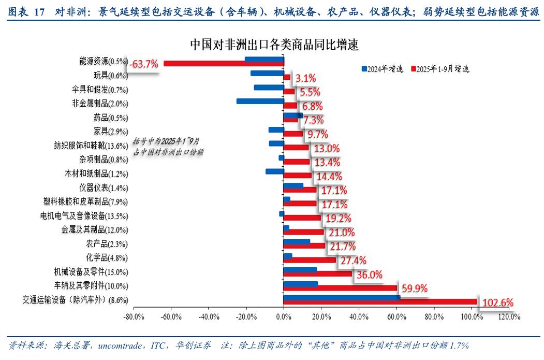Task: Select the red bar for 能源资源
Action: click(224, 64)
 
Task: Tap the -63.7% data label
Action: click(144, 64)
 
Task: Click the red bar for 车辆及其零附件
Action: click(340, 287)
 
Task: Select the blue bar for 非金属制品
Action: click(260, 101)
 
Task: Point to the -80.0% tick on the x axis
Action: click(134, 316)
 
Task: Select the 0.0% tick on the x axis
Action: click(284, 316)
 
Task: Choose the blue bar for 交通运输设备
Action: click(342, 297)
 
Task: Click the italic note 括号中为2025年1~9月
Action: click(166, 141)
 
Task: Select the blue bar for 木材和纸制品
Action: click(274, 171)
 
